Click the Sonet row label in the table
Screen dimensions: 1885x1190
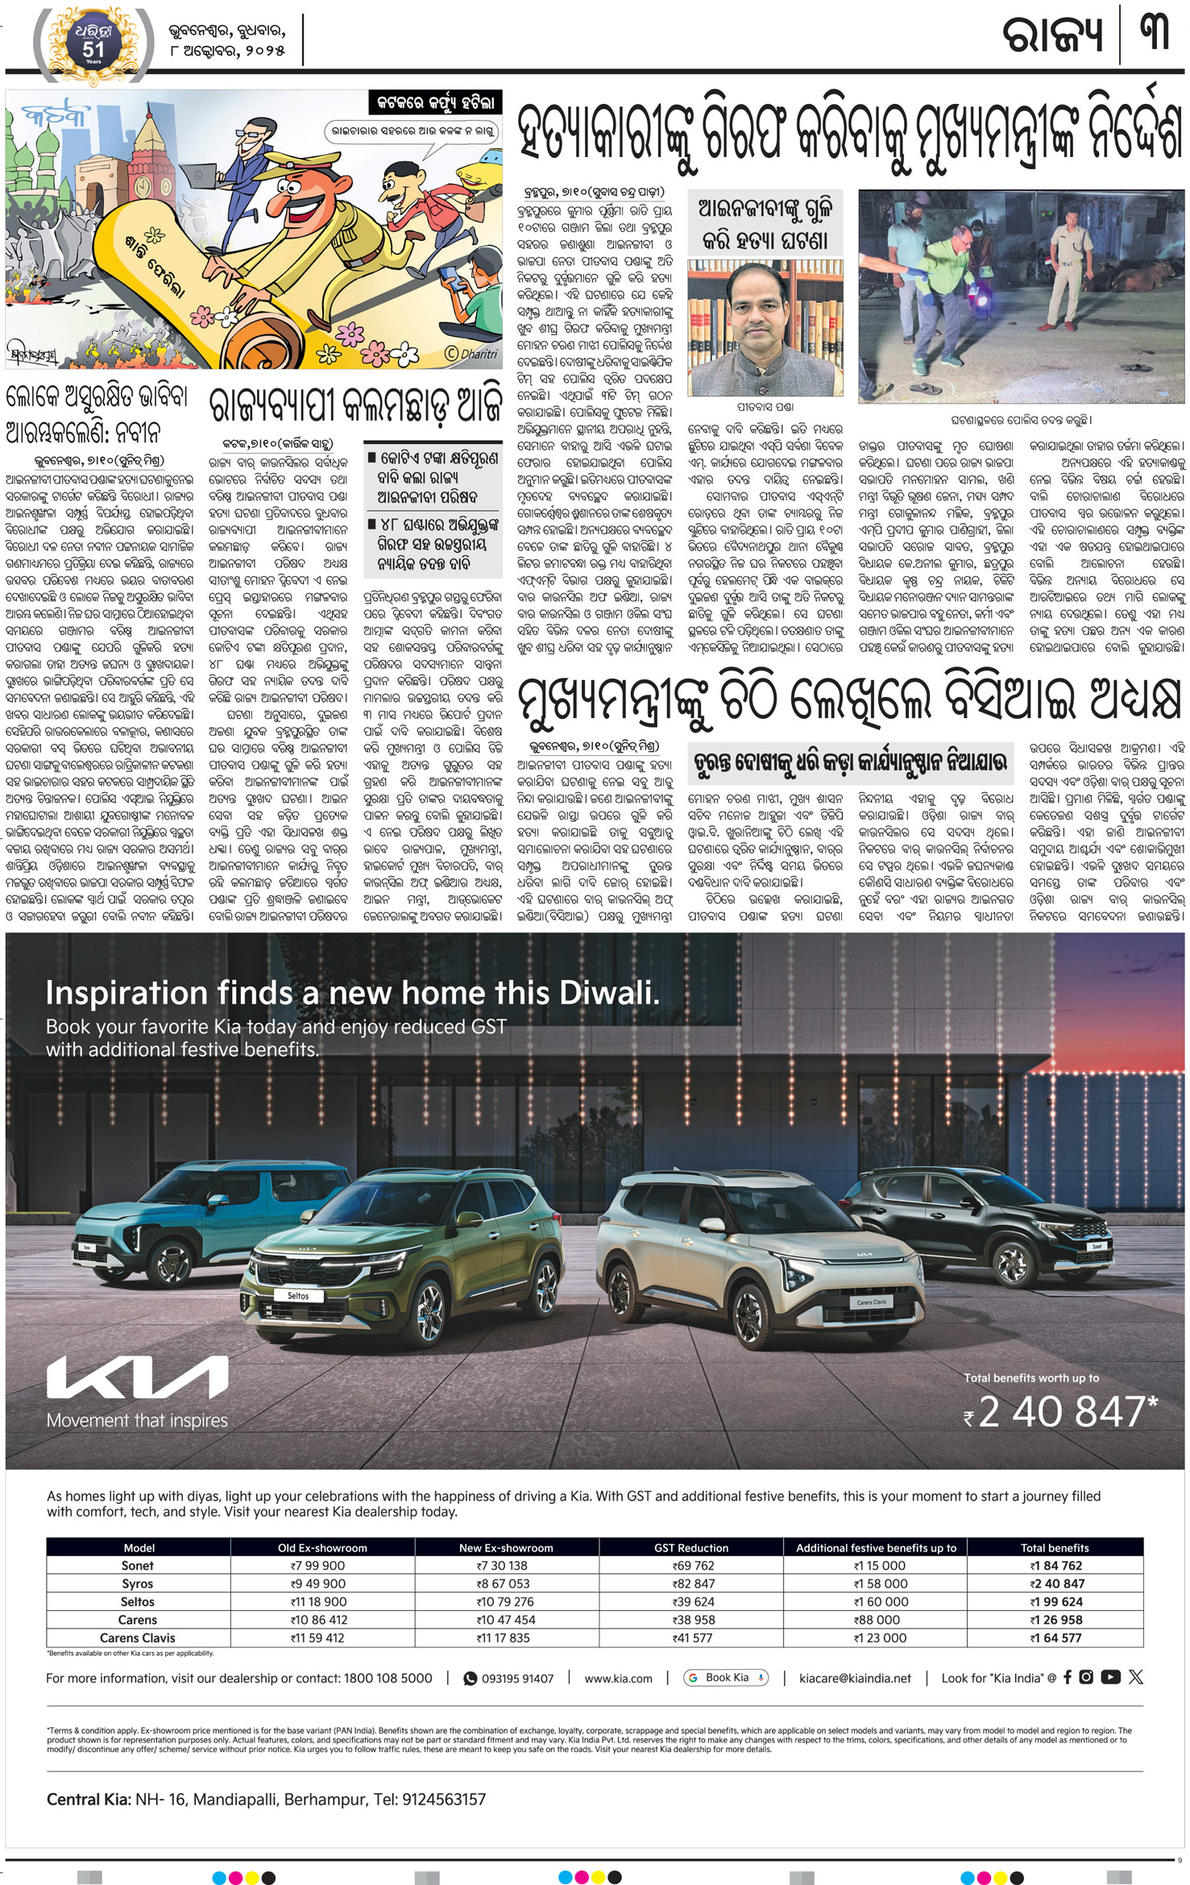[x=137, y=1565]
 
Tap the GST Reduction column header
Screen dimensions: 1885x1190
[x=690, y=1547]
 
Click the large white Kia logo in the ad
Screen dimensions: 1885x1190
[x=137, y=1377]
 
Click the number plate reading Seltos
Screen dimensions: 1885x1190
[x=298, y=1295]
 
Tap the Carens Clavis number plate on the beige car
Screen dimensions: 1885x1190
[x=871, y=1302]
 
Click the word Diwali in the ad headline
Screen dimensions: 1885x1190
[x=609, y=993]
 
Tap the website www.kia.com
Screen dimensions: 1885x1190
[x=618, y=1678]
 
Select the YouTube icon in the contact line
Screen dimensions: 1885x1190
[x=1110, y=1676]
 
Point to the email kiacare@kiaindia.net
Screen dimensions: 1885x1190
[x=855, y=1678]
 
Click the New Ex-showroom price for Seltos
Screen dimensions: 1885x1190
[x=505, y=1601]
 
